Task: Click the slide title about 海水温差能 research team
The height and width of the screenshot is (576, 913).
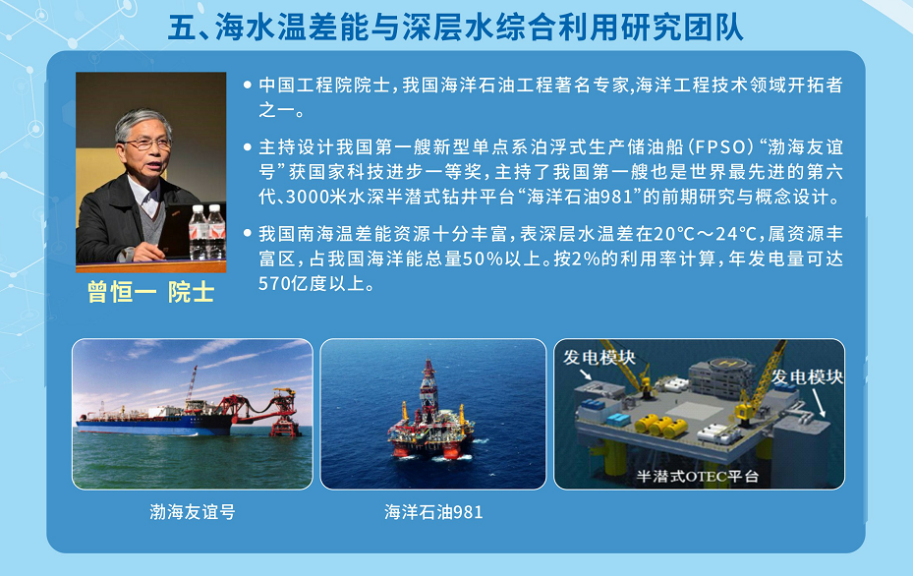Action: pyautogui.click(x=456, y=28)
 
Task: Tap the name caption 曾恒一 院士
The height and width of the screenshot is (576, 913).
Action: pyautogui.click(x=150, y=292)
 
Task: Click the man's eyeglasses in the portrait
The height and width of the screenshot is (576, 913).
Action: pyautogui.click(x=145, y=144)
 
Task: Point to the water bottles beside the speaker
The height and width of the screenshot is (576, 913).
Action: pyautogui.click(x=206, y=231)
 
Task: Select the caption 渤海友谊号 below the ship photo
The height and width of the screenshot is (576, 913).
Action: pyautogui.click(x=193, y=512)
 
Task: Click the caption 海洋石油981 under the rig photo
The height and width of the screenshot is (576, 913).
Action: pyautogui.click(x=433, y=512)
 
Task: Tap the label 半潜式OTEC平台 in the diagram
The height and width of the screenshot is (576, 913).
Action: pyautogui.click(x=697, y=477)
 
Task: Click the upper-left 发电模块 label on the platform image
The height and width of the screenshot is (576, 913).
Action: pyautogui.click(x=599, y=357)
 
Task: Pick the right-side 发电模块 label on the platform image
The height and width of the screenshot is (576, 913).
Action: pyautogui.click(x=807, y=376)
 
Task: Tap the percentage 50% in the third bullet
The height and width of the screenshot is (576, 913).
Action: pyautogui.click(x=483, y=259)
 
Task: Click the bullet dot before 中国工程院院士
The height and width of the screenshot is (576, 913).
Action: pyautogui.click(x=248, y=86)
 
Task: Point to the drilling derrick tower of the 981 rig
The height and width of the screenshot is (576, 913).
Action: pyautogui.click(x=428, y=383)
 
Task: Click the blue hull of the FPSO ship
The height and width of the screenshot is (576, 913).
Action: pyautogui.click(x=154, y=427)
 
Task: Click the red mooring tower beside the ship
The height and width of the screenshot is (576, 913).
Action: pyautogui.click(x=284, y=413)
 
